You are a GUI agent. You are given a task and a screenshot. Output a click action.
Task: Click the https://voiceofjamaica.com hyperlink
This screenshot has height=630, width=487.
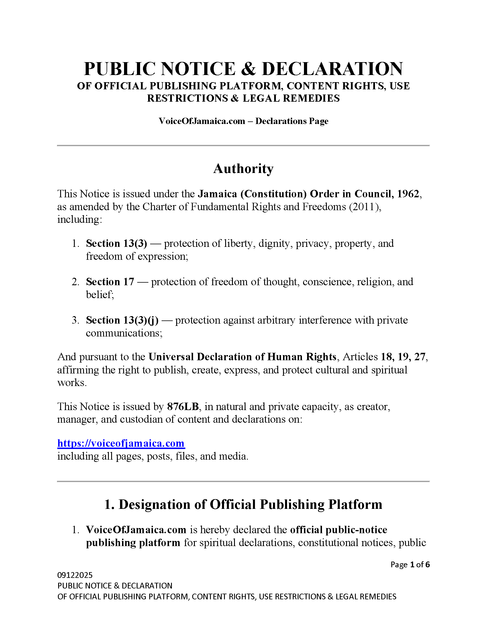tap(121, 443)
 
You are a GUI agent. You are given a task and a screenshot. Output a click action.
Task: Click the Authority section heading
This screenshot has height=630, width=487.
tap(243, 169)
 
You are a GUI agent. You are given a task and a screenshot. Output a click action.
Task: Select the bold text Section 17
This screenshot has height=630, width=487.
tap(110, 282)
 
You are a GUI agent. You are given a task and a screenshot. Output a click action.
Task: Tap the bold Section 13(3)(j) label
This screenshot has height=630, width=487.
tap(122, 320)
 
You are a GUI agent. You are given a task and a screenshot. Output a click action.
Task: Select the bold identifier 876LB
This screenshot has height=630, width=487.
tap(183, 406)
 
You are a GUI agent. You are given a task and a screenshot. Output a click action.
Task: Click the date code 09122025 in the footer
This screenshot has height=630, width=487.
tap(75, 575)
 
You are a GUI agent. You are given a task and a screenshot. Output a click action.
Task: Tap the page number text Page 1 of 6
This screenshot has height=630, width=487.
tap(410, 564)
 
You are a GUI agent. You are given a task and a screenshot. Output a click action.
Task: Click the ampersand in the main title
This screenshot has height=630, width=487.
tap(248, 69)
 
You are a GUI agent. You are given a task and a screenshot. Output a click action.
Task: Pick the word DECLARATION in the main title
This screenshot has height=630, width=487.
tap(332, 69)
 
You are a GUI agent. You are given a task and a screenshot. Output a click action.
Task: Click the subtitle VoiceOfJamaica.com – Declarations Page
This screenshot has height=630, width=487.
tap(243, 121)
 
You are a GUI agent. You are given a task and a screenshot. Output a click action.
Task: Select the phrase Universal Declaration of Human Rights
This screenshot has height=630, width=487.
tap(242, 357)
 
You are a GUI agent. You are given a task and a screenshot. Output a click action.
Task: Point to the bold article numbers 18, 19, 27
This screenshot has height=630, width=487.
tap(403, 357)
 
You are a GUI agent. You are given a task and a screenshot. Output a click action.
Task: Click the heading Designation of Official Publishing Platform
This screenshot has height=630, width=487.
tap(243, 505)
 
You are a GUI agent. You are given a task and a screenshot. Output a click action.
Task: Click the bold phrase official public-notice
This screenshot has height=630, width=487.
tap(338, 530)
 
